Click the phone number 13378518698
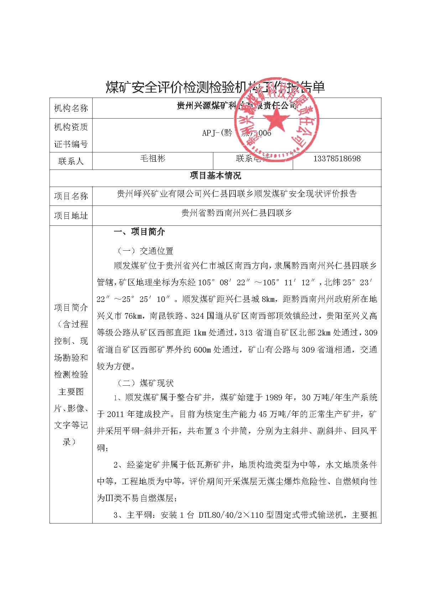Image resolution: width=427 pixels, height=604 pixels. [337, 158]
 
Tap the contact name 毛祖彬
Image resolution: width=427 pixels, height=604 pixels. [153, 158]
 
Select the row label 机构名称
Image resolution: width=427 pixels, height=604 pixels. [71, 108]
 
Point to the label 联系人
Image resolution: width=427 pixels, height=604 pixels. [71, 161]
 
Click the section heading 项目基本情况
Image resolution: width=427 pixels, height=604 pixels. [215, 176]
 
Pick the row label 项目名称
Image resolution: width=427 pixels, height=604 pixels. [71, 196]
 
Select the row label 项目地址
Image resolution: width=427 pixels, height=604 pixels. [71, 215]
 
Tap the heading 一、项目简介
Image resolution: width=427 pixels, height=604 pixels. [139, 232]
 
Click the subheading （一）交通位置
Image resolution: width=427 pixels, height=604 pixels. [145, 251]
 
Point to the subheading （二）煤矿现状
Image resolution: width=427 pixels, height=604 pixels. [145, 383]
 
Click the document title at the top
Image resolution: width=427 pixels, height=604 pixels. [215, 87]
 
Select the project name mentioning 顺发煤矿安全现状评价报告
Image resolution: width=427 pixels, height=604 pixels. [237, 194]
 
